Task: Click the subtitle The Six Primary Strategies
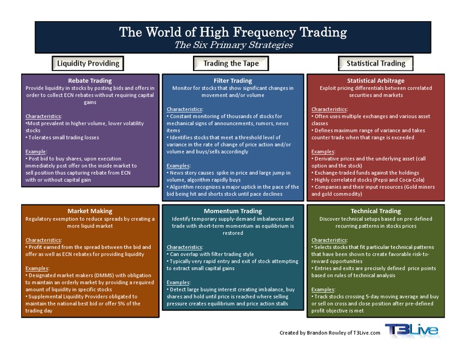point(233,45)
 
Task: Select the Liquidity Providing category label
point(89,63)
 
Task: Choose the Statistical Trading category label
point(376,63)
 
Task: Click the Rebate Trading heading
point(90,80)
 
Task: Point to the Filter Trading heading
point(233,80)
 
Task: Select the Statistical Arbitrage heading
point(376,80)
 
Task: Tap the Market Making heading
point(90,211)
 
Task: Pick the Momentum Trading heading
point(233,211)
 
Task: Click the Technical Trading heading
point(376,211)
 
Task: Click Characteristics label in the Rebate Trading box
point(44,115)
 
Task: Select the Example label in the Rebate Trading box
point(37,151)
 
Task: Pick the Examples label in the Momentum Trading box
point(180,282)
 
